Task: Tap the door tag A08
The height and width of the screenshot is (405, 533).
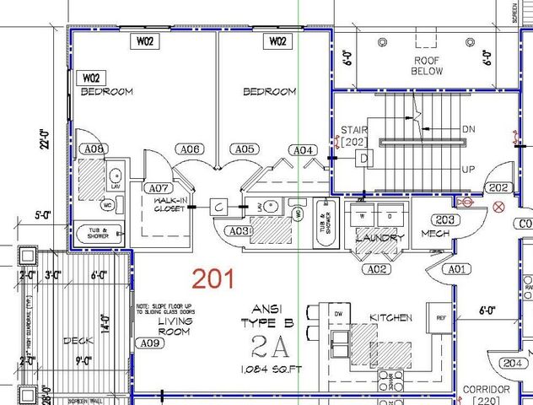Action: (93, 149)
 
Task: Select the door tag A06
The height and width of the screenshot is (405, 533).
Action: (191, 149)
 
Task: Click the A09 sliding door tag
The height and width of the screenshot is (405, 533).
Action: (149, 343)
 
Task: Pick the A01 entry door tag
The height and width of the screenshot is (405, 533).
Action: (456, 269)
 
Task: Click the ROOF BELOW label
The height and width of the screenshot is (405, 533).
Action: (427, 66)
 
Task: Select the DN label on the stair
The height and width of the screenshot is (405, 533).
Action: (470, 129)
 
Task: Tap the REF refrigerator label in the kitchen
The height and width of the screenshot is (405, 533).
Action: (440, 318)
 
